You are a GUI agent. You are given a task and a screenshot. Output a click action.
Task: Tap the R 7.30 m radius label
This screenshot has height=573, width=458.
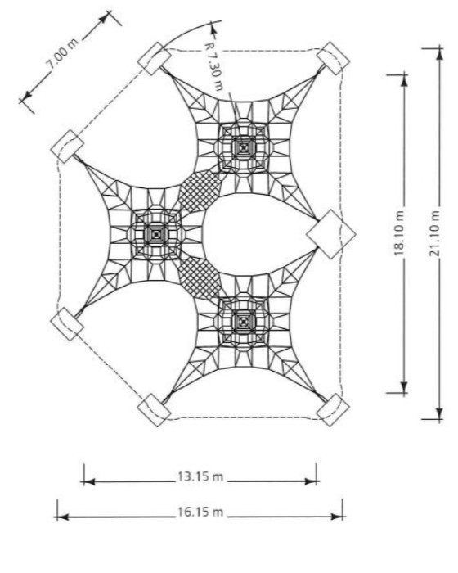coord(214,65)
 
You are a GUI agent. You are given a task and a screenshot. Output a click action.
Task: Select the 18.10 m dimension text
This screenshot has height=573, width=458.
coord(400,232)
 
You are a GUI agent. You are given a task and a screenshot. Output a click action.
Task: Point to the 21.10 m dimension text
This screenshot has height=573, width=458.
coord(436,232)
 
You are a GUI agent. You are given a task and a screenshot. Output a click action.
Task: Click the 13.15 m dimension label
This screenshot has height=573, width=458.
coord(200,476)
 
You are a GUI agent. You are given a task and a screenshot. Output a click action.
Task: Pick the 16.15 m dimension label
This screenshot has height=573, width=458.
coord(200,512)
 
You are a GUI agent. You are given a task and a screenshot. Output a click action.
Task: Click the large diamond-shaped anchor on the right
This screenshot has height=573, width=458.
coord(331,234)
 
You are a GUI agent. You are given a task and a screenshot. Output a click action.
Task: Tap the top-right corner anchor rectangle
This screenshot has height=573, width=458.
coord(333,58)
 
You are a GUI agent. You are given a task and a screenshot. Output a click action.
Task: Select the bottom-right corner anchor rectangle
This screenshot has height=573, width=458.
coord(333,409)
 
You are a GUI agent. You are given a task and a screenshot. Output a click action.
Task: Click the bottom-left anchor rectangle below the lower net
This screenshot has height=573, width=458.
coord(154,409)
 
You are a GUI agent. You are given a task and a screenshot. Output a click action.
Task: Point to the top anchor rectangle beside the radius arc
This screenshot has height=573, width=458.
coord(154,58)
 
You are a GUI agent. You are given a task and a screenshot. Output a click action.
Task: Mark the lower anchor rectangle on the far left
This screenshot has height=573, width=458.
coord(67,324)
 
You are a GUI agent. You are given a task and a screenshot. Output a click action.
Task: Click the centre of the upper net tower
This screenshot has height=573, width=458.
coord(244,148)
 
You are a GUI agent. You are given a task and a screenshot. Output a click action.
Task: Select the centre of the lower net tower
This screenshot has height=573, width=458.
coord(244,322)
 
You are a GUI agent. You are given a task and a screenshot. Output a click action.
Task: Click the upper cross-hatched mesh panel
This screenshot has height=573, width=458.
coord(199,191)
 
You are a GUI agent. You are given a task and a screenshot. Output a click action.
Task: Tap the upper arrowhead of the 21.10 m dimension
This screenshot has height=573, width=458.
coord(440,54)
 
